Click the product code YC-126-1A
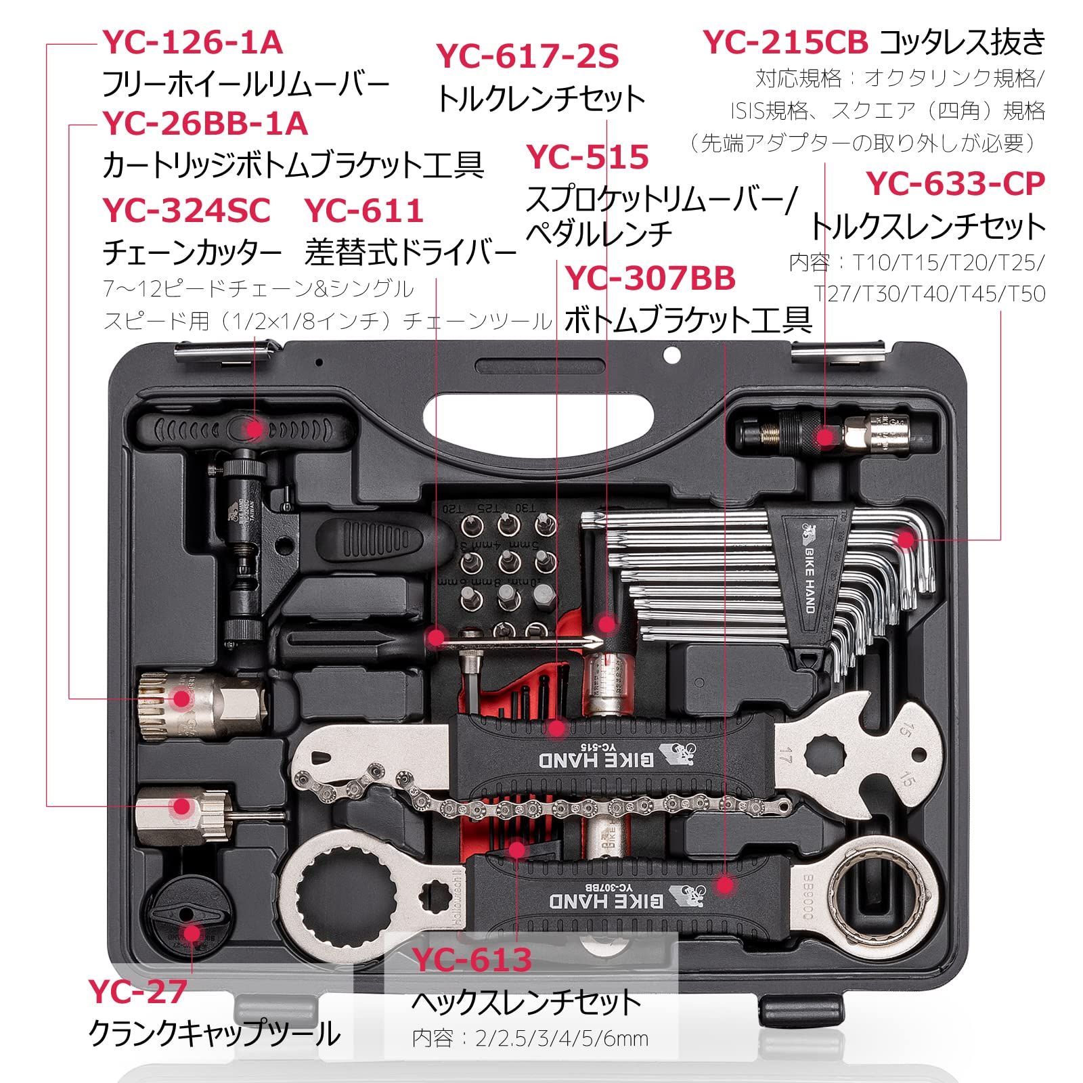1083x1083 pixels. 192,43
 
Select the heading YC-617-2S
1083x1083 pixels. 527,56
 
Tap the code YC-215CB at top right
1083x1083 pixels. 785,43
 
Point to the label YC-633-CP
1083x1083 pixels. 956,183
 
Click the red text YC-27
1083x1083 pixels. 137,992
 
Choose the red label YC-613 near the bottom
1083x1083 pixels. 473,959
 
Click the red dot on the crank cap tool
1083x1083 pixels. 192,934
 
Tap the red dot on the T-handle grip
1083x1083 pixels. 253,428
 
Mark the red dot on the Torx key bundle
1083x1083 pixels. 904,539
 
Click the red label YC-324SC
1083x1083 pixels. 186,211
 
